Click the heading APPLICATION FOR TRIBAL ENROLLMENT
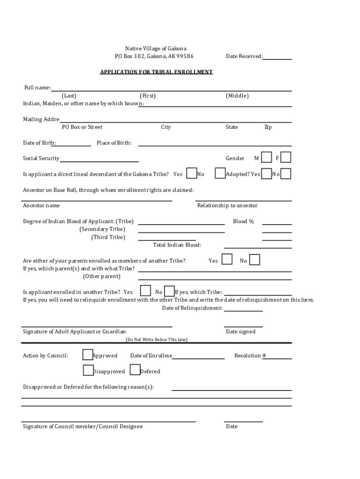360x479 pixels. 156,72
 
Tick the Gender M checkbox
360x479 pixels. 266,158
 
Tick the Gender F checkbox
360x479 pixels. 286,158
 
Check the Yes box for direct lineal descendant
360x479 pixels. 191,174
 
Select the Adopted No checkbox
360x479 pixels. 286,174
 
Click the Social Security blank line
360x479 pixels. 99,159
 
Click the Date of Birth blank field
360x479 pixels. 73,144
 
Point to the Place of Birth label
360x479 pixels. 114,143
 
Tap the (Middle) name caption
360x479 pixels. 237,96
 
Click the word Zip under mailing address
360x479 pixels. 267,127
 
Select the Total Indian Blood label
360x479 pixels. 177,245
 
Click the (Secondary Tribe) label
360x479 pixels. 102,229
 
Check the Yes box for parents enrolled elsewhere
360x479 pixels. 227,259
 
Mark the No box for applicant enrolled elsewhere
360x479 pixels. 169,291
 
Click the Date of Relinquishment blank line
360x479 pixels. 243,308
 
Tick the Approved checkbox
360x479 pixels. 87,355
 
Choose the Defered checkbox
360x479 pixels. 135,370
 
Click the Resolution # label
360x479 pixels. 250,356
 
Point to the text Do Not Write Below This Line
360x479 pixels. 156,340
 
